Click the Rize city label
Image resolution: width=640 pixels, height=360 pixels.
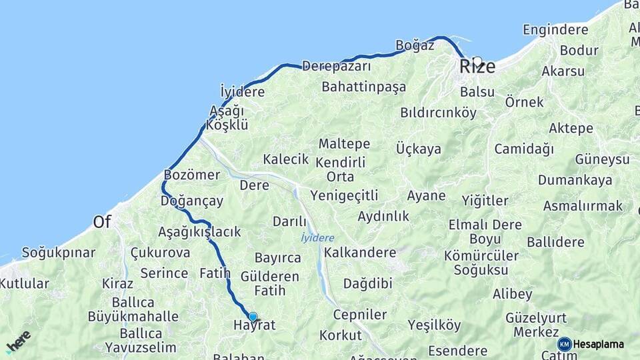point(477,67)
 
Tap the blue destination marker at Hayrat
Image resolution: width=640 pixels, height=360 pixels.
point(253,317)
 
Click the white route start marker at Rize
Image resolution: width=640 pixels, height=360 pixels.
point(477,61)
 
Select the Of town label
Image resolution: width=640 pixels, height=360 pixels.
point(102,222)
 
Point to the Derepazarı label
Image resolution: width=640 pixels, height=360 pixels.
point(336,67)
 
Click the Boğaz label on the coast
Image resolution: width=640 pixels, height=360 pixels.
point(415,45)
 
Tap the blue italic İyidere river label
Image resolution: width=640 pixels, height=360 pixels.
point(317,238)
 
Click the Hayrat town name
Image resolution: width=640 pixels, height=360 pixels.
point(254,325)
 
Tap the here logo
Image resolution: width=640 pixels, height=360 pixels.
point(18,340)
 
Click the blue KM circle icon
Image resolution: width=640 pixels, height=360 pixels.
point(565,344)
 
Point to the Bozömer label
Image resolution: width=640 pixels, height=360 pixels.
point(191,175)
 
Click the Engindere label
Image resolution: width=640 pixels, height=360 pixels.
point(555,30)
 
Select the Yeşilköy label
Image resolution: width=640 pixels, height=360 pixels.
point(434,325)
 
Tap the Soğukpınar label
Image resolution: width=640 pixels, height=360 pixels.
point(59,253)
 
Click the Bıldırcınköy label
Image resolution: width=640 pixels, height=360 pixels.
point(438,113)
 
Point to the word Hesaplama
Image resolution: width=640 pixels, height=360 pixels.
point(598,344)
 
